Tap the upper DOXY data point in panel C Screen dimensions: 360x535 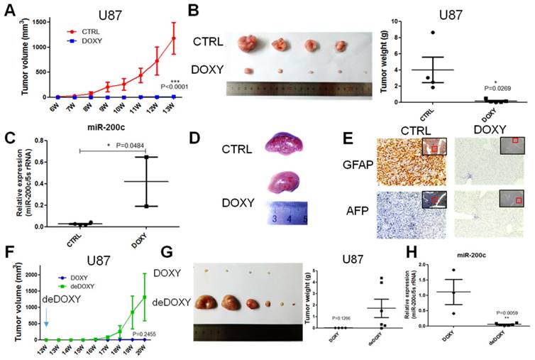147,157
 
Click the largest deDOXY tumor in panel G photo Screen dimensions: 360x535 209,304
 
